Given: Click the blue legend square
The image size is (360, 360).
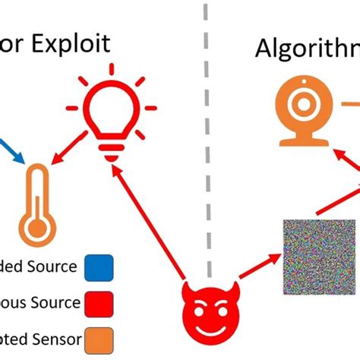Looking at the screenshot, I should coord(100,267).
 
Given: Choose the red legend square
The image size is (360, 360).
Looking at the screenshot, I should coord(100,302).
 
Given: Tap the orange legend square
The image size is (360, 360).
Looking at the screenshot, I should coord(100,336).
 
